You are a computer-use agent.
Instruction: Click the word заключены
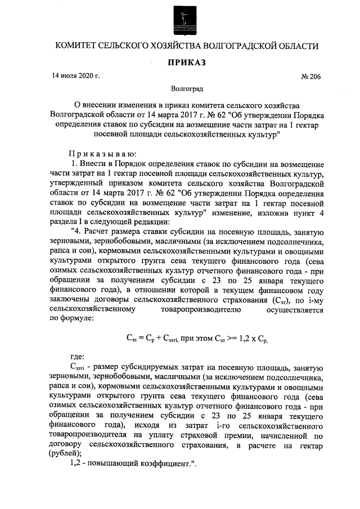[x=70, y=300]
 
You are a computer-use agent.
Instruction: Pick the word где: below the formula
[x=77, y=357]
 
